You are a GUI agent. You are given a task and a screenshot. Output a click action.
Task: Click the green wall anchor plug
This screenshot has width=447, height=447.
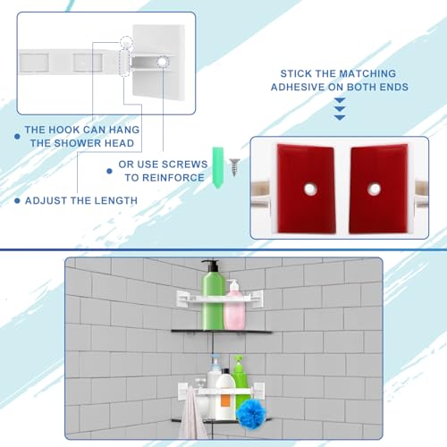pos(217,167)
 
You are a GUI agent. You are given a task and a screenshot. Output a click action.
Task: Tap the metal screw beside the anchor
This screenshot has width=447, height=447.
pos(234,167)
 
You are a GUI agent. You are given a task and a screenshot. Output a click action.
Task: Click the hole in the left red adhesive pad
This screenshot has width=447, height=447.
pos(310,189)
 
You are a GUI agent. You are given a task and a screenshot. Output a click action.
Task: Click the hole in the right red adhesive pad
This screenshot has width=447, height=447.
pos(374,189)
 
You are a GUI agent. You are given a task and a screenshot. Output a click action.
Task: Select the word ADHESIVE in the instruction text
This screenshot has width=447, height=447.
pos(298,87)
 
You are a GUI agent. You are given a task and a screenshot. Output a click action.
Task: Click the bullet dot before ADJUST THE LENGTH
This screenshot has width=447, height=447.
pos(17,201)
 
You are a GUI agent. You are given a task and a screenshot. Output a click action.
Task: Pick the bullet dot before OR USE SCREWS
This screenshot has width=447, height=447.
pos(109,171)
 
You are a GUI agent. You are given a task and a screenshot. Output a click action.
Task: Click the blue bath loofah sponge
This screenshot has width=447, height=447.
pos(250,414)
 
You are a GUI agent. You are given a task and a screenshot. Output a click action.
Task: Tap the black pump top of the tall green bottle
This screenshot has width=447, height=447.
pos(212,265)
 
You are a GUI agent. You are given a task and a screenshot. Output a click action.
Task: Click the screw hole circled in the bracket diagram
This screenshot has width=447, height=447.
pos(162,62)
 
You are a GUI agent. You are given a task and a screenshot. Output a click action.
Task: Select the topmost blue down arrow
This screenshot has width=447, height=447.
pos(340,100)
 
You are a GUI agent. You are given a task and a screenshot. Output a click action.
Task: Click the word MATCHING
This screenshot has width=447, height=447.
pos(367,73)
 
